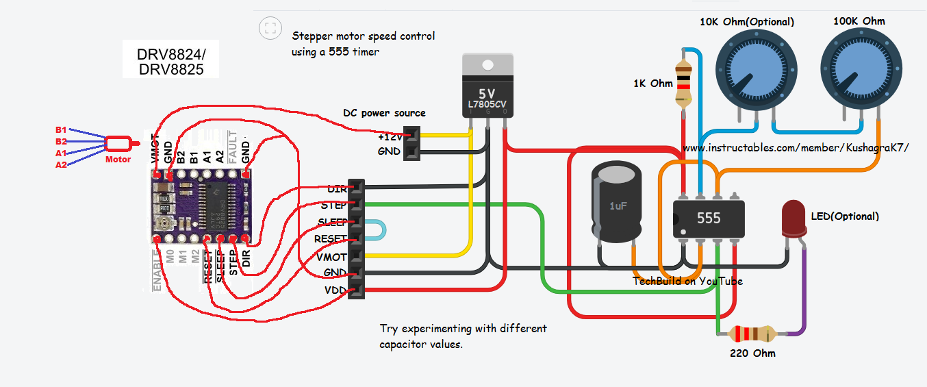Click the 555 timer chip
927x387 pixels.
tap(708, 218)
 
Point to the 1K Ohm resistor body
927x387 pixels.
tap(683, 83)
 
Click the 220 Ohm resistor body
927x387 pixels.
tap(753, 334)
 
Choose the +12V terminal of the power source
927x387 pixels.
tap(411, 136)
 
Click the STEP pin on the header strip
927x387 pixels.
tap(356, 204)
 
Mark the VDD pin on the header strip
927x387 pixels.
tap(356, 291)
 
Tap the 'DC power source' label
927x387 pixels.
tap(384, 113)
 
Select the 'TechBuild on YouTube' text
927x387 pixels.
tap(687, 281)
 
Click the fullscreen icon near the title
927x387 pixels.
tap(270, 28)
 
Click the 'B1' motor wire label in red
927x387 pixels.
tap(61, 129)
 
